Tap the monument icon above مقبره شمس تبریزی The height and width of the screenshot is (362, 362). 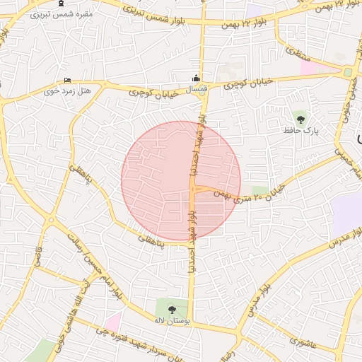click(62, 4)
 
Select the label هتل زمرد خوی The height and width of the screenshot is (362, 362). click(59, 90)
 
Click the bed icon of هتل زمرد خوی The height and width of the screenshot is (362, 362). click(67, 80)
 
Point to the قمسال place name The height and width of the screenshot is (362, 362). click(195, 90)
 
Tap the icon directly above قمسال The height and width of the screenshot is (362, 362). click(196, 78)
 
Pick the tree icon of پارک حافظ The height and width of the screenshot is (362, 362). click(301, 119)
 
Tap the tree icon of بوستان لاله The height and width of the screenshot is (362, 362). click(172, 308)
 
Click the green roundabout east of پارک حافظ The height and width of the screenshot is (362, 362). click(347, 72)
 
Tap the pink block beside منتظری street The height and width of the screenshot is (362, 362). click(309, 67)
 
